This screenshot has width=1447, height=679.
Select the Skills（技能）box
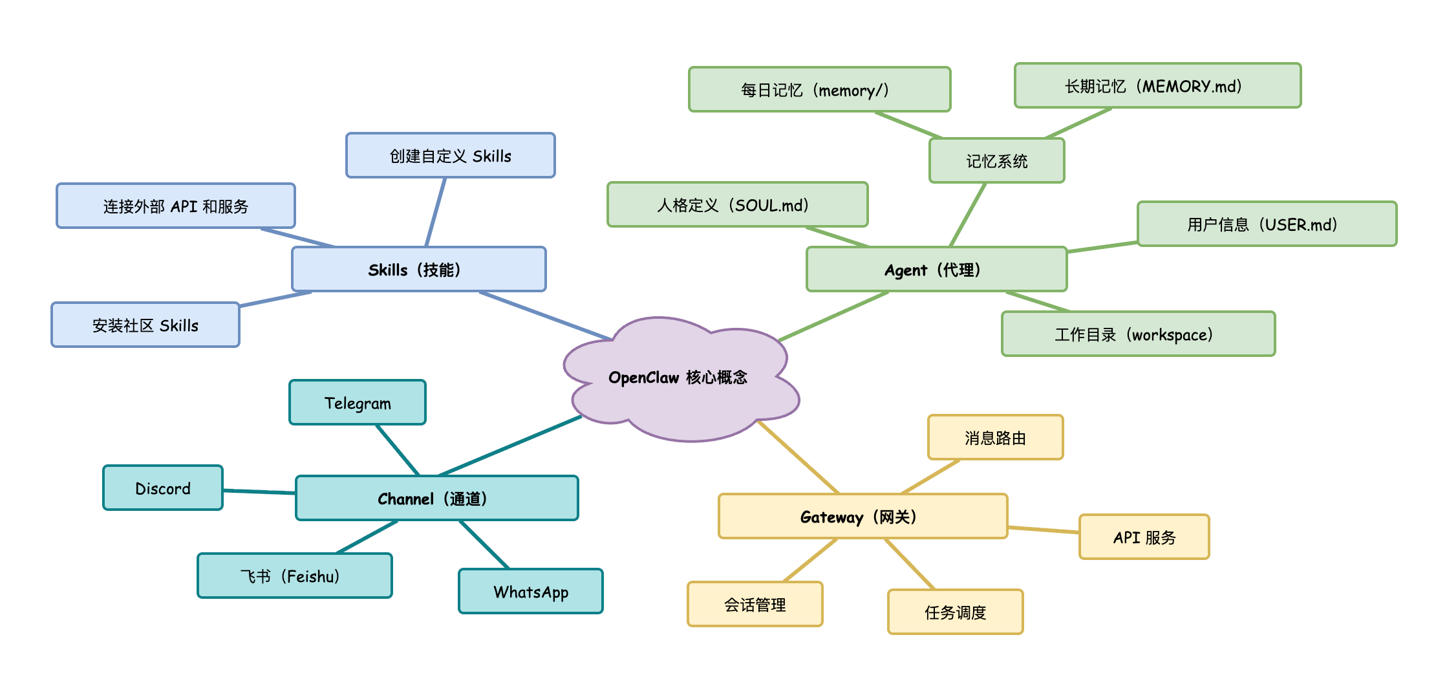coord(418,269)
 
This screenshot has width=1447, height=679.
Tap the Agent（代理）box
coord(936,269)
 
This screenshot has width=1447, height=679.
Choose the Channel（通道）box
coord(436,498)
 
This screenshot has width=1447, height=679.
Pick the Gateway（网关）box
coord(863,516)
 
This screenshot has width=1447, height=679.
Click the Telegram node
coord(357,402)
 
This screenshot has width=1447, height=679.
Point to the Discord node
coord(162,488)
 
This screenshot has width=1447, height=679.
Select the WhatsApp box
coord(530,591)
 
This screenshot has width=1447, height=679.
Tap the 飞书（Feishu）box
coord(294,576)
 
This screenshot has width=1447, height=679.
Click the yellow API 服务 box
coord(1144,537)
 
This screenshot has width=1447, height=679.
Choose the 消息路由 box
coord(995,437)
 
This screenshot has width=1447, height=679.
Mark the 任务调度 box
coord(955,612)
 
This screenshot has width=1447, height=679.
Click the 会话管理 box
coord(755,604)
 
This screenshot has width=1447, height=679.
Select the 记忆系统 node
coord(996,160)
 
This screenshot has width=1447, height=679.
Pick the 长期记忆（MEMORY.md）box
coord(1157,85)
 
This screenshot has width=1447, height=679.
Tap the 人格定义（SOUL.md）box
coord(737,204)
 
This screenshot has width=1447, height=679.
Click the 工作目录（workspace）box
coord(1138,334)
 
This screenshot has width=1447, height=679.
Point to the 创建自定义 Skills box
coord(450,155)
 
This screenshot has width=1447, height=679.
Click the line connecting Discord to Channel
coord(259,491)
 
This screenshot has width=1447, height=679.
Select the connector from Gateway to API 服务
coord(1044,530)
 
